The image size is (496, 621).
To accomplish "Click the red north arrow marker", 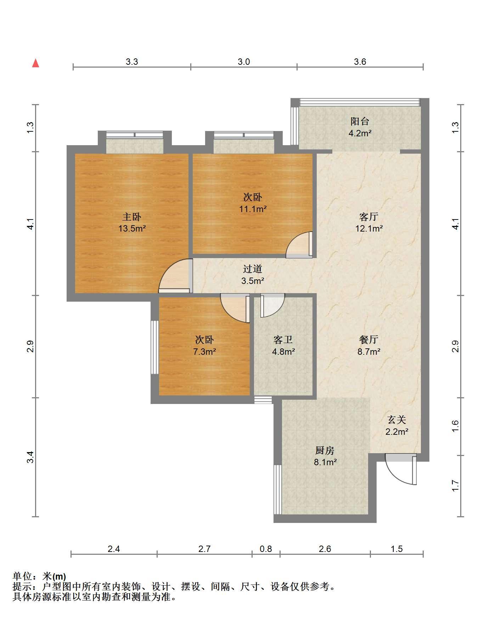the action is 35,63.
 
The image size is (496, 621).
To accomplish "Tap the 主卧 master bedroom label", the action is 132,216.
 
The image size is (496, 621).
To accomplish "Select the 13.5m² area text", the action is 132,228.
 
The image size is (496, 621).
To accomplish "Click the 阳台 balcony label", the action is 360,121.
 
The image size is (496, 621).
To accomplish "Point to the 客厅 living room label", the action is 369,216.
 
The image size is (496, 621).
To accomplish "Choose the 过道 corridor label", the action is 253,269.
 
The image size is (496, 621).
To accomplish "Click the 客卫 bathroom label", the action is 283,340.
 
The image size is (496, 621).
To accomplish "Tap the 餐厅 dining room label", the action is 369,340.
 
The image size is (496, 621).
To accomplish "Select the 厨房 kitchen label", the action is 325,450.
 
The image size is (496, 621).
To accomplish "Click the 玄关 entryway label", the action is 397,420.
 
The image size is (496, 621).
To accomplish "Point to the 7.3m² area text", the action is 205,352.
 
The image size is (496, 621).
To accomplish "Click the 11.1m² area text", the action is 253,209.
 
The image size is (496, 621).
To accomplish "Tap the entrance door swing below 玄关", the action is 400,470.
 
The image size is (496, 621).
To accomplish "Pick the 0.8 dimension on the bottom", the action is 266,549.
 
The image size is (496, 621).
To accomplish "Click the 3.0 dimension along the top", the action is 244,62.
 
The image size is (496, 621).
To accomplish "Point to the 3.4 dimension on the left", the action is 31,457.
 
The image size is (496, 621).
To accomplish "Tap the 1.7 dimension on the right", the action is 456,486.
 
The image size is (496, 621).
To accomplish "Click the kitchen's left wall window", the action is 278,490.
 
